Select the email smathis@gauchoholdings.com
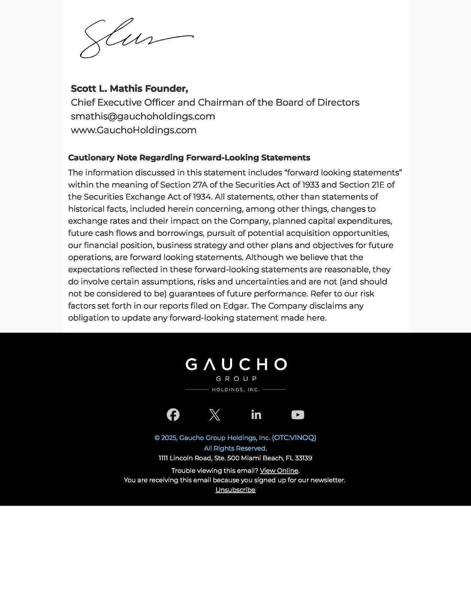[x=143, y=116]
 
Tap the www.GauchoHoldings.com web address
[x=133, y=130]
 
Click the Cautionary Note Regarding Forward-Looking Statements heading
[x=189, y=158]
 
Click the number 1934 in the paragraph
[x=202, y=197]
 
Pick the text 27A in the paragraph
[x=200, y=185]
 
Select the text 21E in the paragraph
[x=378, y=185]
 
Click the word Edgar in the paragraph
[x=235, y=306]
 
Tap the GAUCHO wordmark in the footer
[x=236, y=365]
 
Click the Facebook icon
[x=173, y=415]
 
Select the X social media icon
[x=215, y=415]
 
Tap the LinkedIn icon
[x=256, y=415]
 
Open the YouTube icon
[x=298, y=415]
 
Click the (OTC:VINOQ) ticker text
[x=294, y=438]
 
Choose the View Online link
[x=279, y=471]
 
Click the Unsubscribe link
[x=235, y=490]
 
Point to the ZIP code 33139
[x=303, y=458]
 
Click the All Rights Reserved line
[x=235, y=448]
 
